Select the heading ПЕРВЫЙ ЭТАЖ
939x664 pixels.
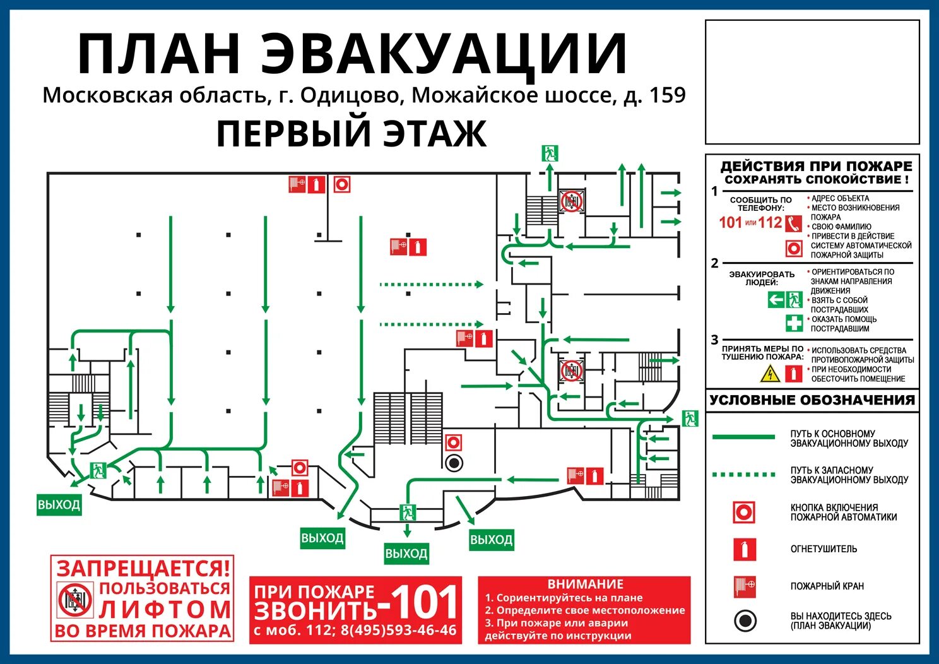click(x=351, y=134)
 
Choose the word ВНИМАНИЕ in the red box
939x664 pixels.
click(x=585, y=584)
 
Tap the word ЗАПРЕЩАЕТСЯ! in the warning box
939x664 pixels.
click(x=143, y=569)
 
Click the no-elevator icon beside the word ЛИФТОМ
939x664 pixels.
click(x=75, y=600)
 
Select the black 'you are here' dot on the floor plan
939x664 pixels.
click(x=453, y=463)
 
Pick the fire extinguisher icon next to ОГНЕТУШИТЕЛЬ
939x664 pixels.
click(x=745, y=549)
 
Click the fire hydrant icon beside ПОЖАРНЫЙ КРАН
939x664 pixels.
click(x=745, y=586)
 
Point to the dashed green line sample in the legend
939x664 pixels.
click(x=743, y=475)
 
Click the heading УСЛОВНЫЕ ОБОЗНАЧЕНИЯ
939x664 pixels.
click(x=812, y=400)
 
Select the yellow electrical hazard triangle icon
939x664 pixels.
click(x=770, y=374)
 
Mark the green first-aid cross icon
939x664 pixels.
click(x=794, y=323)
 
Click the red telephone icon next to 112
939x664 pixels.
click(x=793, y=223)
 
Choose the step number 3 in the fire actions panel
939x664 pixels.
click(x=714, y=340)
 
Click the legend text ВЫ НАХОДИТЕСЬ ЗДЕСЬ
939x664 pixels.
click(x=841, y=616)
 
